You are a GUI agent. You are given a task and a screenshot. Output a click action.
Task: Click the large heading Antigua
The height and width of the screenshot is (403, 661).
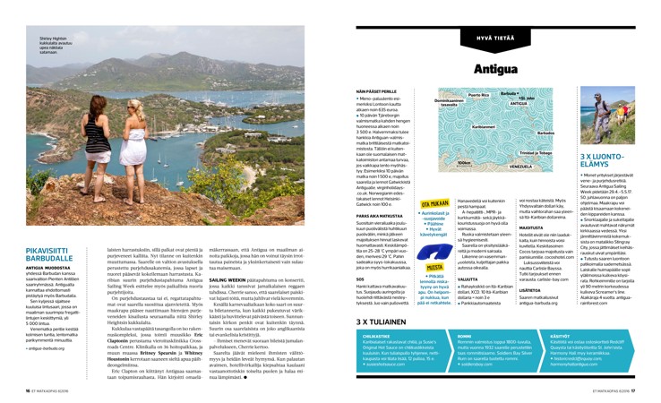coord(495,67)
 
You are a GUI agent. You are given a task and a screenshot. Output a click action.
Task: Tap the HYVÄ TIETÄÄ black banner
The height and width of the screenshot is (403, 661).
coord(494,39)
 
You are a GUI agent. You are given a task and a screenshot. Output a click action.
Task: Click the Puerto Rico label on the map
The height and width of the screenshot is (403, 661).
coord(479,95)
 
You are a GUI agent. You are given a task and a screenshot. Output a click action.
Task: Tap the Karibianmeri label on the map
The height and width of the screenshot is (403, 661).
coord(484,126)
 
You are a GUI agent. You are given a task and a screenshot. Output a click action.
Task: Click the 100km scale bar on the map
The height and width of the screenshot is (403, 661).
coord(464,164)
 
